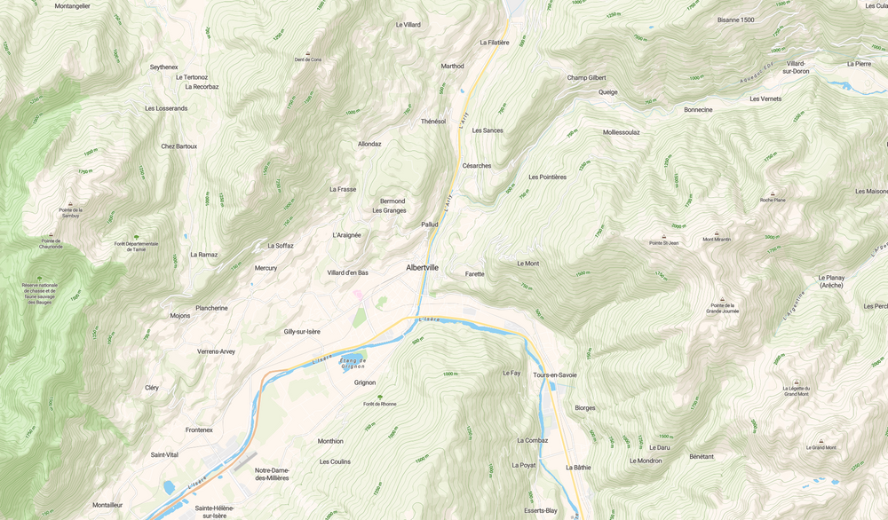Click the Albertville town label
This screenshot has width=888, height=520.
(x=422, y=267)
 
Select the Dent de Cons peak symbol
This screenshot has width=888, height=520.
(x=308, y=53)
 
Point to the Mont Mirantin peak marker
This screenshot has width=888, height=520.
(x=717, y=232)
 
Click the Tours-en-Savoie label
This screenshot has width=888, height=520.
(x=554, y=374)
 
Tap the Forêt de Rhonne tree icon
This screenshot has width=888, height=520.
(x=379, y=397)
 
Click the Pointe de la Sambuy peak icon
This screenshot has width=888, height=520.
(x=70, y=204)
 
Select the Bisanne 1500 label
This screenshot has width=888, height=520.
(x=735, y=20)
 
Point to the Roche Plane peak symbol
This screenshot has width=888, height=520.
(x=773, y=193)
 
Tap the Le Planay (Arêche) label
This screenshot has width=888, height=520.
(x=831, y=281)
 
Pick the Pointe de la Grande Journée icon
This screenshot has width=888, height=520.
(x=722, y=299)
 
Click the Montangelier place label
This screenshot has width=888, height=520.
(x=72, y=5)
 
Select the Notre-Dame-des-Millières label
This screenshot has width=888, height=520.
(x=272, y=474)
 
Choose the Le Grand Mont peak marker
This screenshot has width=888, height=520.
(x=821, y=441)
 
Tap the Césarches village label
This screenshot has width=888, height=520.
(x=477, y=165)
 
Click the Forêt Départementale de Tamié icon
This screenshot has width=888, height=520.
(x=136, y=237)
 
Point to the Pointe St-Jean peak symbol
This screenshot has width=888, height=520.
(x=663, y=236)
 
